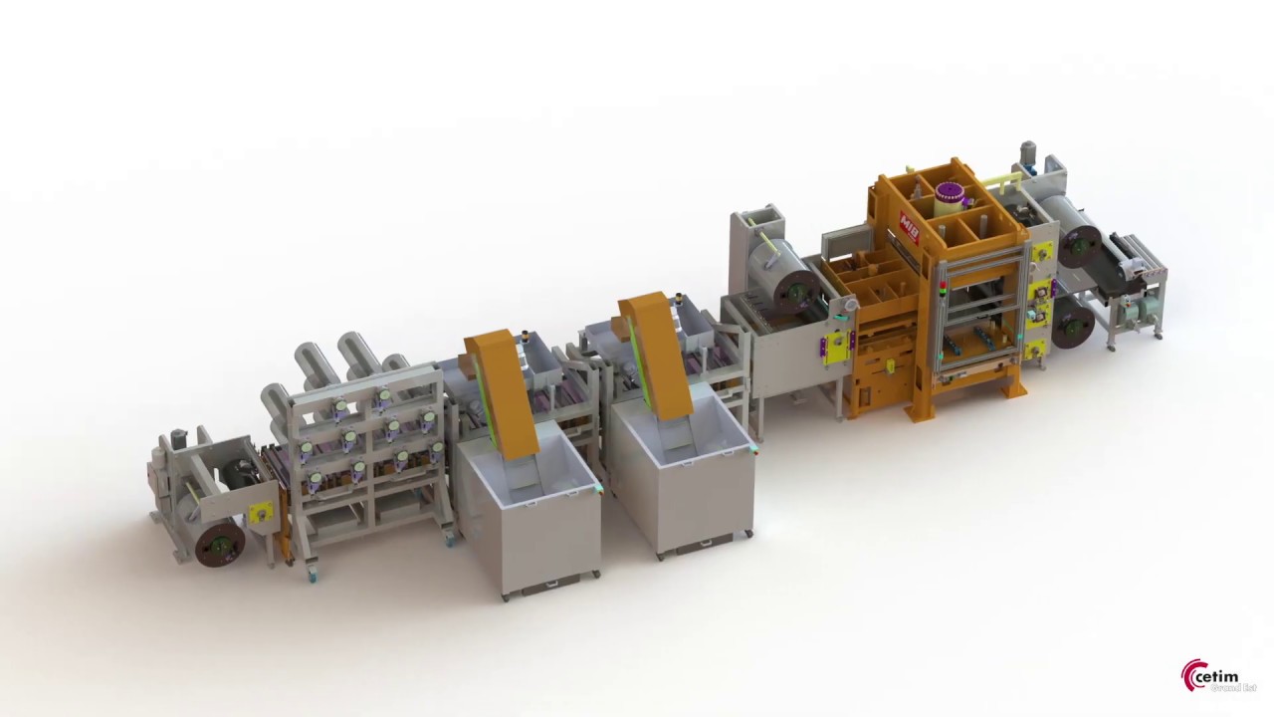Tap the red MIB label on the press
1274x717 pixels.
908,216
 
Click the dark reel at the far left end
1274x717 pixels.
219,544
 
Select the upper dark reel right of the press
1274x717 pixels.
1079,245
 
